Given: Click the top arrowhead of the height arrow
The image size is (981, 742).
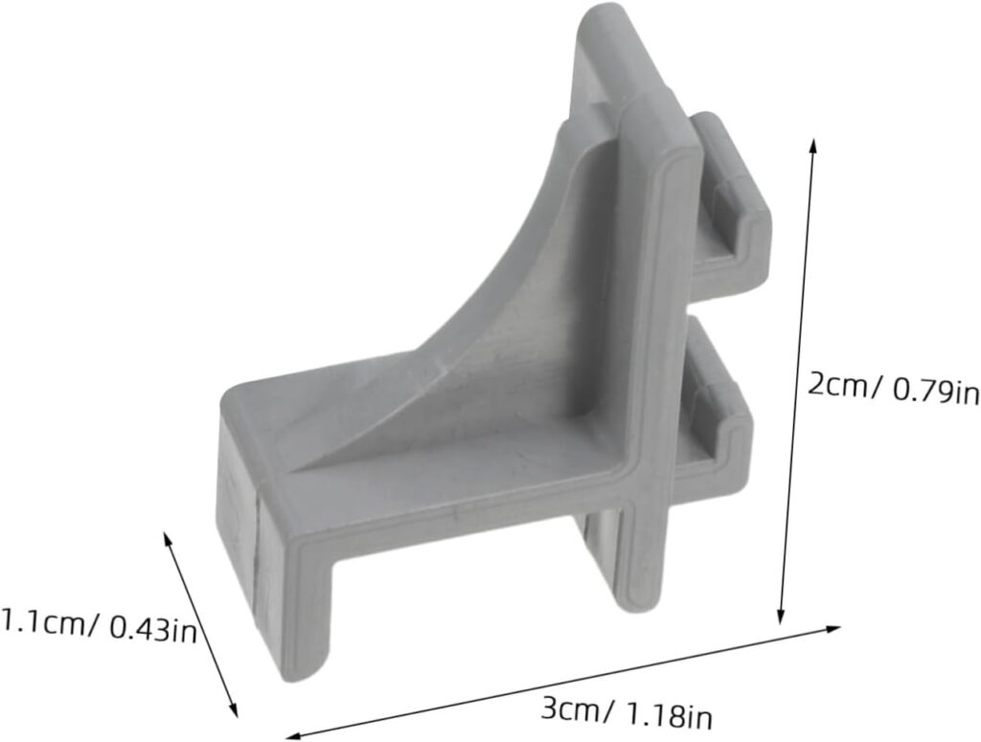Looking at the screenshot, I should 813,144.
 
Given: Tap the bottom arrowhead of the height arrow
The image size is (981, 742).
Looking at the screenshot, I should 783,618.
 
